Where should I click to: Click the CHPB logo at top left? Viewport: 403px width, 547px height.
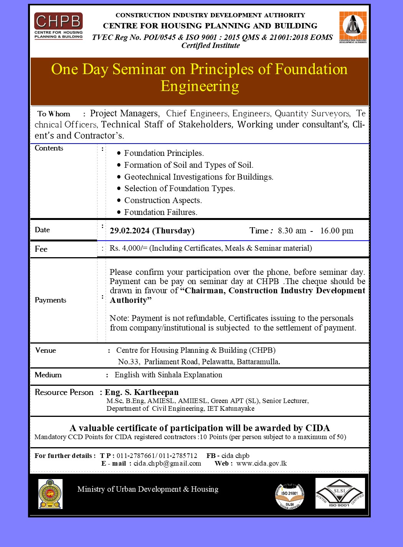[x=58, y=26]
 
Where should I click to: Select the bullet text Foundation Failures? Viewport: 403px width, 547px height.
[x=160, y=212]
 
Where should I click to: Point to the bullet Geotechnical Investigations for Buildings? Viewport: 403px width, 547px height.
[x=198, y=177]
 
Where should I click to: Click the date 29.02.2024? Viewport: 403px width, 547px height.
[x=129, y=231]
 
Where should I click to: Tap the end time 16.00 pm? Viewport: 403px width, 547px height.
[x=337, y=231]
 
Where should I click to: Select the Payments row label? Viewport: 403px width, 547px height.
[x=50, y=300]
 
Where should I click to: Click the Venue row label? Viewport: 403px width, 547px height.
[x=45, y=350]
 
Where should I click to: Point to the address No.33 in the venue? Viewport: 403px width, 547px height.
[x=129, y=362]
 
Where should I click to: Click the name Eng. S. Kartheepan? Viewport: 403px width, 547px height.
[x=142, y=392]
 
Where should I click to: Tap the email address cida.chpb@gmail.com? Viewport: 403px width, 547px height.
[x=167, y=463]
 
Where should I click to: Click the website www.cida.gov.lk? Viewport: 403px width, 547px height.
[x=261, y=463]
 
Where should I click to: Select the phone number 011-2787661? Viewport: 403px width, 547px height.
[x=136, y=456]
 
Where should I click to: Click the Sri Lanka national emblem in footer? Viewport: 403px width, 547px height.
[x=50, y=494]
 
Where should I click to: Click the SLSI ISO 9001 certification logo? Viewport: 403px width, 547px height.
[x=340, y=494]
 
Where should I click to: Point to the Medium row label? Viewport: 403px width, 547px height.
[x=48, y=375]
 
